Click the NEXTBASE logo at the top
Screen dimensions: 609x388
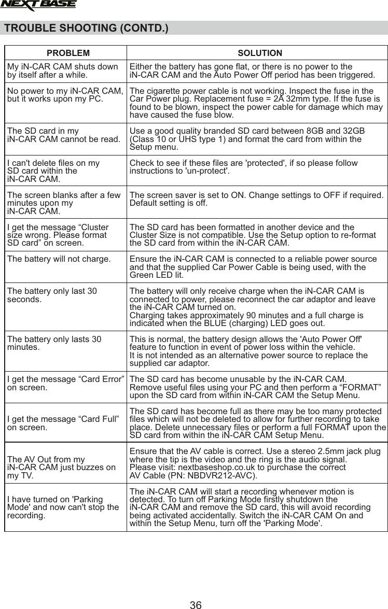(x=38, y=6)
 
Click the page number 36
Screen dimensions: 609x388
(x=196, y=605)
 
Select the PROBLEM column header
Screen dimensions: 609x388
(x=68, y=53)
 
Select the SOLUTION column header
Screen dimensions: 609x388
(x=260, y=53)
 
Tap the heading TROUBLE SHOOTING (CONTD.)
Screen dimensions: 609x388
(x=86, y=27)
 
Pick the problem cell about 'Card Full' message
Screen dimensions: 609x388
(x=63, y=422)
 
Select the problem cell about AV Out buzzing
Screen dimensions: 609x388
(x=62, y=467)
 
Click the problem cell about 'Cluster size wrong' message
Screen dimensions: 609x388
(x=58, y=235)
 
